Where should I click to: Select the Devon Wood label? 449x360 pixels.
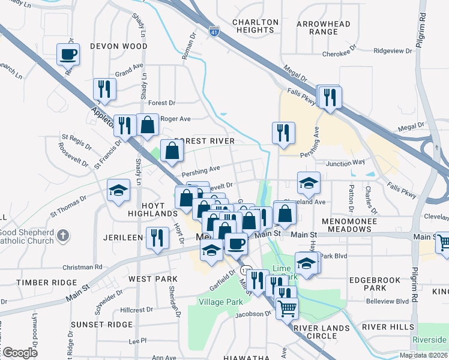118,46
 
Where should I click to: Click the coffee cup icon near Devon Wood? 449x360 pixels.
68,55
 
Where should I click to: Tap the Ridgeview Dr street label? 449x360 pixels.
393,51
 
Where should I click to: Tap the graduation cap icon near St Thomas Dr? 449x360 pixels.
118,191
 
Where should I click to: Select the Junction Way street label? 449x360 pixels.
345,163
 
